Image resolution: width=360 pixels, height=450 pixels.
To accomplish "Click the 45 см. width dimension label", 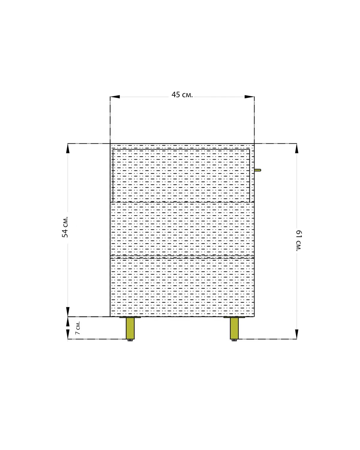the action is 182,95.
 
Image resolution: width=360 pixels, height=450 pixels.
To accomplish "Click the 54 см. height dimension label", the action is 65,227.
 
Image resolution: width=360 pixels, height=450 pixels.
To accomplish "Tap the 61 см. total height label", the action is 299,241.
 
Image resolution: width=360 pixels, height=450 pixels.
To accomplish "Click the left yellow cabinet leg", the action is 130,328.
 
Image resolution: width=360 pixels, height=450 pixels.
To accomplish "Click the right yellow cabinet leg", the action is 234,328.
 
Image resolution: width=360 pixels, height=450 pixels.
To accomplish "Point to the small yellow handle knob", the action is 258,170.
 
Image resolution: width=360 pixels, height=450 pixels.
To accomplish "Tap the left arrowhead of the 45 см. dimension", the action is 115,97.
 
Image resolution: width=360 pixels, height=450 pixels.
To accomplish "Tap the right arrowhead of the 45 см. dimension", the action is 250,97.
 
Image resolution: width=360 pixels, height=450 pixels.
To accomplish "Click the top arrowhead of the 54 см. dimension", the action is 67,148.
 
